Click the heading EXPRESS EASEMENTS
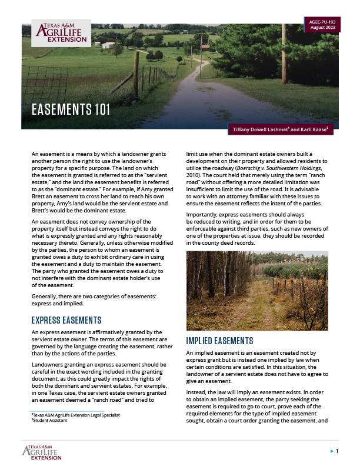point(66,320)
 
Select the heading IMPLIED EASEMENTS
point(219,341)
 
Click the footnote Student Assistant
point(52,421)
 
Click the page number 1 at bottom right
point(336,451)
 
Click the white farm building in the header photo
point(108,45)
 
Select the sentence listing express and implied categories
point(93,301)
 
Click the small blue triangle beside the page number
point(331,451)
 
